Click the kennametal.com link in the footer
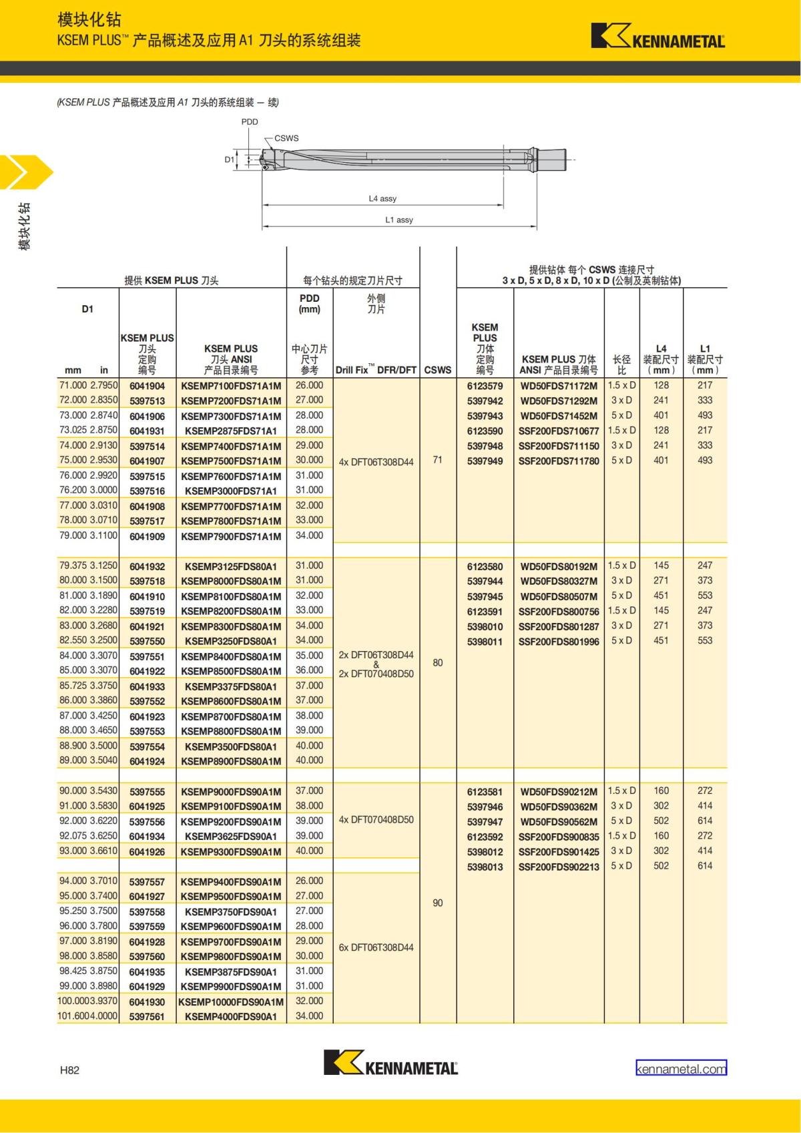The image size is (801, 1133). pyautogui.click(x=681, y=1068)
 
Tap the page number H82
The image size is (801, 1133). pyautogui.click(x=69, y=1070)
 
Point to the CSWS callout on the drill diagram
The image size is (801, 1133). pyautogui.click(x=286, y=138)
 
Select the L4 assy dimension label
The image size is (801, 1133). pyautogui.click(x=382, y=198)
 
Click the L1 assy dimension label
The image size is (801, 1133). pyautogui.click(x=399, y=220)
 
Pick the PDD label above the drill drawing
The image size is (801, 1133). pyautogui.click(x=250, y=122)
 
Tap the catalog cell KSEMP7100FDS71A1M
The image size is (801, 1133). pyautogui.click(x=231, y=386)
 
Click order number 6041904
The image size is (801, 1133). pyautogui.click(x=147, y=386)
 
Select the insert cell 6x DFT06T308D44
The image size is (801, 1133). pyautogui.click(x=376, y=947)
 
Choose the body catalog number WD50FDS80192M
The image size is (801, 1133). pyautogui.click(x=559, y=566)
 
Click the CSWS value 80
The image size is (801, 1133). pyautogui.click(x=438, y=663)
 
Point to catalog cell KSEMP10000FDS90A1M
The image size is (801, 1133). pyautogui.click(x=231, y=1001)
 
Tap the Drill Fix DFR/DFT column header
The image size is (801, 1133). pyautogui.click(x=376, y=370)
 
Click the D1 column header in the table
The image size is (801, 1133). pyautogui.click(x=87, y=308)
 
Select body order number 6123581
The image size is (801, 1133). pyautogui.click(x=485, y=792)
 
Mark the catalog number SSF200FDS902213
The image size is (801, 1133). pyautogui.click(x=559, y=867)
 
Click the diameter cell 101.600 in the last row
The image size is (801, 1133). pyautogui.click(x=73, y=1016)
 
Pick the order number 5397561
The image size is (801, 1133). pyautogui.click(x=147, y=1017)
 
